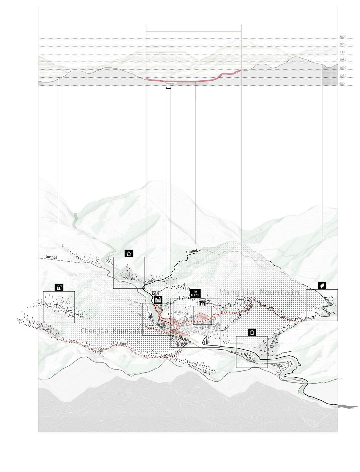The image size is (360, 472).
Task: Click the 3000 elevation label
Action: click(x=343, y=37)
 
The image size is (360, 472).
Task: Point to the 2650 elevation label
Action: click(x=343, y=45)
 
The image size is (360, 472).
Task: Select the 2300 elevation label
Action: click(x=343, y=52)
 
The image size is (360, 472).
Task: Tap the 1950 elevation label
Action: click(x=343, y=60)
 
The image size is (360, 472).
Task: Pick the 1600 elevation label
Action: click(x=343, y=68)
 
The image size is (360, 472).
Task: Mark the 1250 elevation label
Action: click(x=343, y=76)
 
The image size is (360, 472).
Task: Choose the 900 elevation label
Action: click(x=342, y=84)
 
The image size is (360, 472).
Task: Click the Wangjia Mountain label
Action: click(x=260, y=293)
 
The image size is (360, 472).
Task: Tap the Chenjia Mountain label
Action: click(x=112, y=331)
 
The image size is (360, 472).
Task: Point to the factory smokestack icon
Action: click(x=59, y=287)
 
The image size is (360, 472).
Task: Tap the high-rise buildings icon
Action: click(x=158, y=300)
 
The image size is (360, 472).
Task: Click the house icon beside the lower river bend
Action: click(x=252, y=332)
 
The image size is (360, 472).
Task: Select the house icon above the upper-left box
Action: click(x=129, y=253)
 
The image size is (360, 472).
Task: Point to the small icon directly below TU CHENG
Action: click(x=202, y=303)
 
